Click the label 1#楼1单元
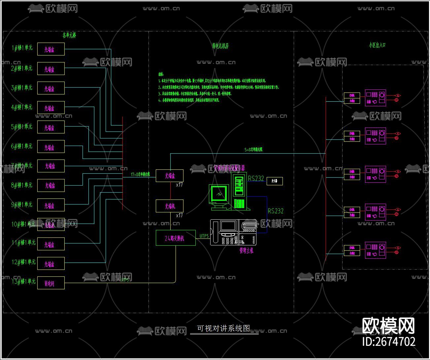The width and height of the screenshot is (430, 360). tap(22, 48)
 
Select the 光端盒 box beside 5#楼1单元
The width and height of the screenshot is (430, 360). tap(50, 127)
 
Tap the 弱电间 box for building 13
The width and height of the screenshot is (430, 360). tap(50, 283)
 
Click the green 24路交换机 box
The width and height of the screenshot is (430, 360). tap(175, 238)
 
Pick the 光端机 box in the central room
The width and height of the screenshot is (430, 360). tap(170, 206)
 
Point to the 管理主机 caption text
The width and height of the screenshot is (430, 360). tap(246, 251)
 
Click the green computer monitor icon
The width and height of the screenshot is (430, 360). tap(219, 195)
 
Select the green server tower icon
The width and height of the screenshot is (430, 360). tap(239, 192)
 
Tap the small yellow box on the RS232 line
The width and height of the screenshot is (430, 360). tap(275, 181)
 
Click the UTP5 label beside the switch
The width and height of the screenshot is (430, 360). tap(204, 236)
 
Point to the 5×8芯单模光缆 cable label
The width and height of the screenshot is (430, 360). tap(253, 150)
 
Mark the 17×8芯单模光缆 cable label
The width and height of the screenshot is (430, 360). tap(140, 174)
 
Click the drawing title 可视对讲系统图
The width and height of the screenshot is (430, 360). tap(223, 328)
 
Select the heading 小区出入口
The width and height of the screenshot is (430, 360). tap(377, 45)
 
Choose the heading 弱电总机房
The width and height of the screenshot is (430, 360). tap(220, 46)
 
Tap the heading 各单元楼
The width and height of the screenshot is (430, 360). tap(69, 35)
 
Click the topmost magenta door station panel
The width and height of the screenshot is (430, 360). tap(375, 98)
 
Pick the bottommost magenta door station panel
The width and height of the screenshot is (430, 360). tap(375, 250)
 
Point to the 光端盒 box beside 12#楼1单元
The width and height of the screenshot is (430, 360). tap(50, 264)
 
